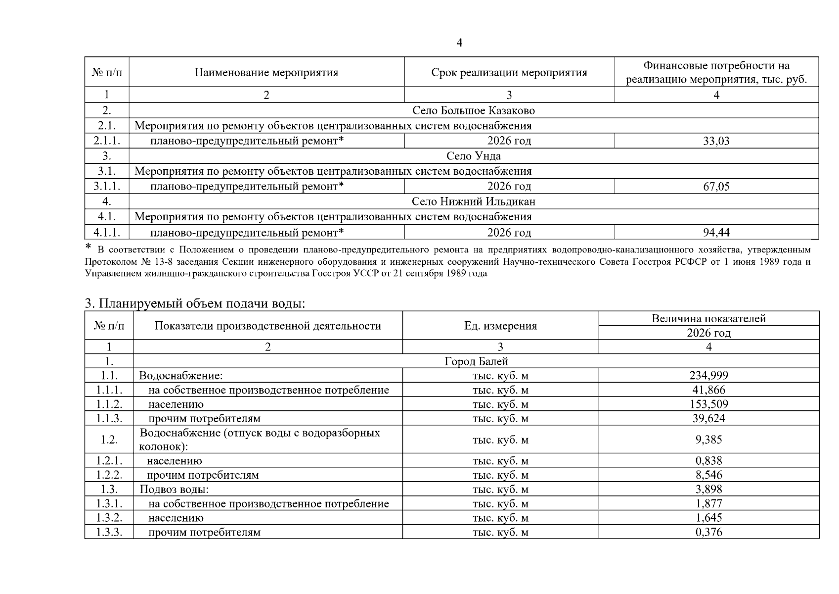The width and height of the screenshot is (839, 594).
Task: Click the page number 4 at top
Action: pyautogui.click(x=459, y=43)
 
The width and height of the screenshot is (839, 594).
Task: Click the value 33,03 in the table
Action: pyautogui.click(x=716, y=141)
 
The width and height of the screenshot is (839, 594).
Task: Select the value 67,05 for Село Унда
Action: pyautogui.click(x=716, y=187)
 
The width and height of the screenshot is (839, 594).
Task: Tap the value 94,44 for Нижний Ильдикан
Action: pyautogui.click(x=716, y=232)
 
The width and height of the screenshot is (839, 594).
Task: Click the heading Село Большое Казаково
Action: pyautogui.click(x=473, y=110)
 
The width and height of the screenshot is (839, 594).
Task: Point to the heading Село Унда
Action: pyautogui.click(x=473, y=156)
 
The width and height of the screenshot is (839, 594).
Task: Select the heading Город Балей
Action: pyautogui.click(x=476, y=361)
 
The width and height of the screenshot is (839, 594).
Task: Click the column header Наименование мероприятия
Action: pyautogui.click(x=266, y=73)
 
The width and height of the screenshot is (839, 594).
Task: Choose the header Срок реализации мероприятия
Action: pyautogui.click(x=509, y=73)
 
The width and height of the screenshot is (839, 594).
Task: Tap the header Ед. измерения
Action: pyautogui.click(x=500, y=326)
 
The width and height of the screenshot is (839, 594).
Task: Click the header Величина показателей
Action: pyautogui.click(x=708, y=318)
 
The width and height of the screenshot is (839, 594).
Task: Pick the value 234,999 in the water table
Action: pyautogui.click(x=708, y=375)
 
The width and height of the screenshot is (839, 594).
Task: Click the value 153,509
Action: pyautogui.click(x=708, y=404)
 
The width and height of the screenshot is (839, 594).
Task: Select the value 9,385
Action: pyautogui.click(x=708, y=440)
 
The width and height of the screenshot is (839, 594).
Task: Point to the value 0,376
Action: pyautogui.click(x=708, y=532)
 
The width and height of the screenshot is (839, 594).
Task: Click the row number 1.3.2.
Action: pyautogui.click(x=109, y=518)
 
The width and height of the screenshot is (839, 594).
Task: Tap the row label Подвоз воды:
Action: pyautogui.click(x=174, y=490)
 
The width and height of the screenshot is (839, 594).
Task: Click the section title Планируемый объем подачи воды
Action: pyautogui.click(x=195, y=303)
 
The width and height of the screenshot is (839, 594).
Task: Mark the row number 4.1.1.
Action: pyautogui.click(x=107, y=232)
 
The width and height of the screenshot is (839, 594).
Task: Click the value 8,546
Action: pyautogui.click(x=708, y=475)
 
